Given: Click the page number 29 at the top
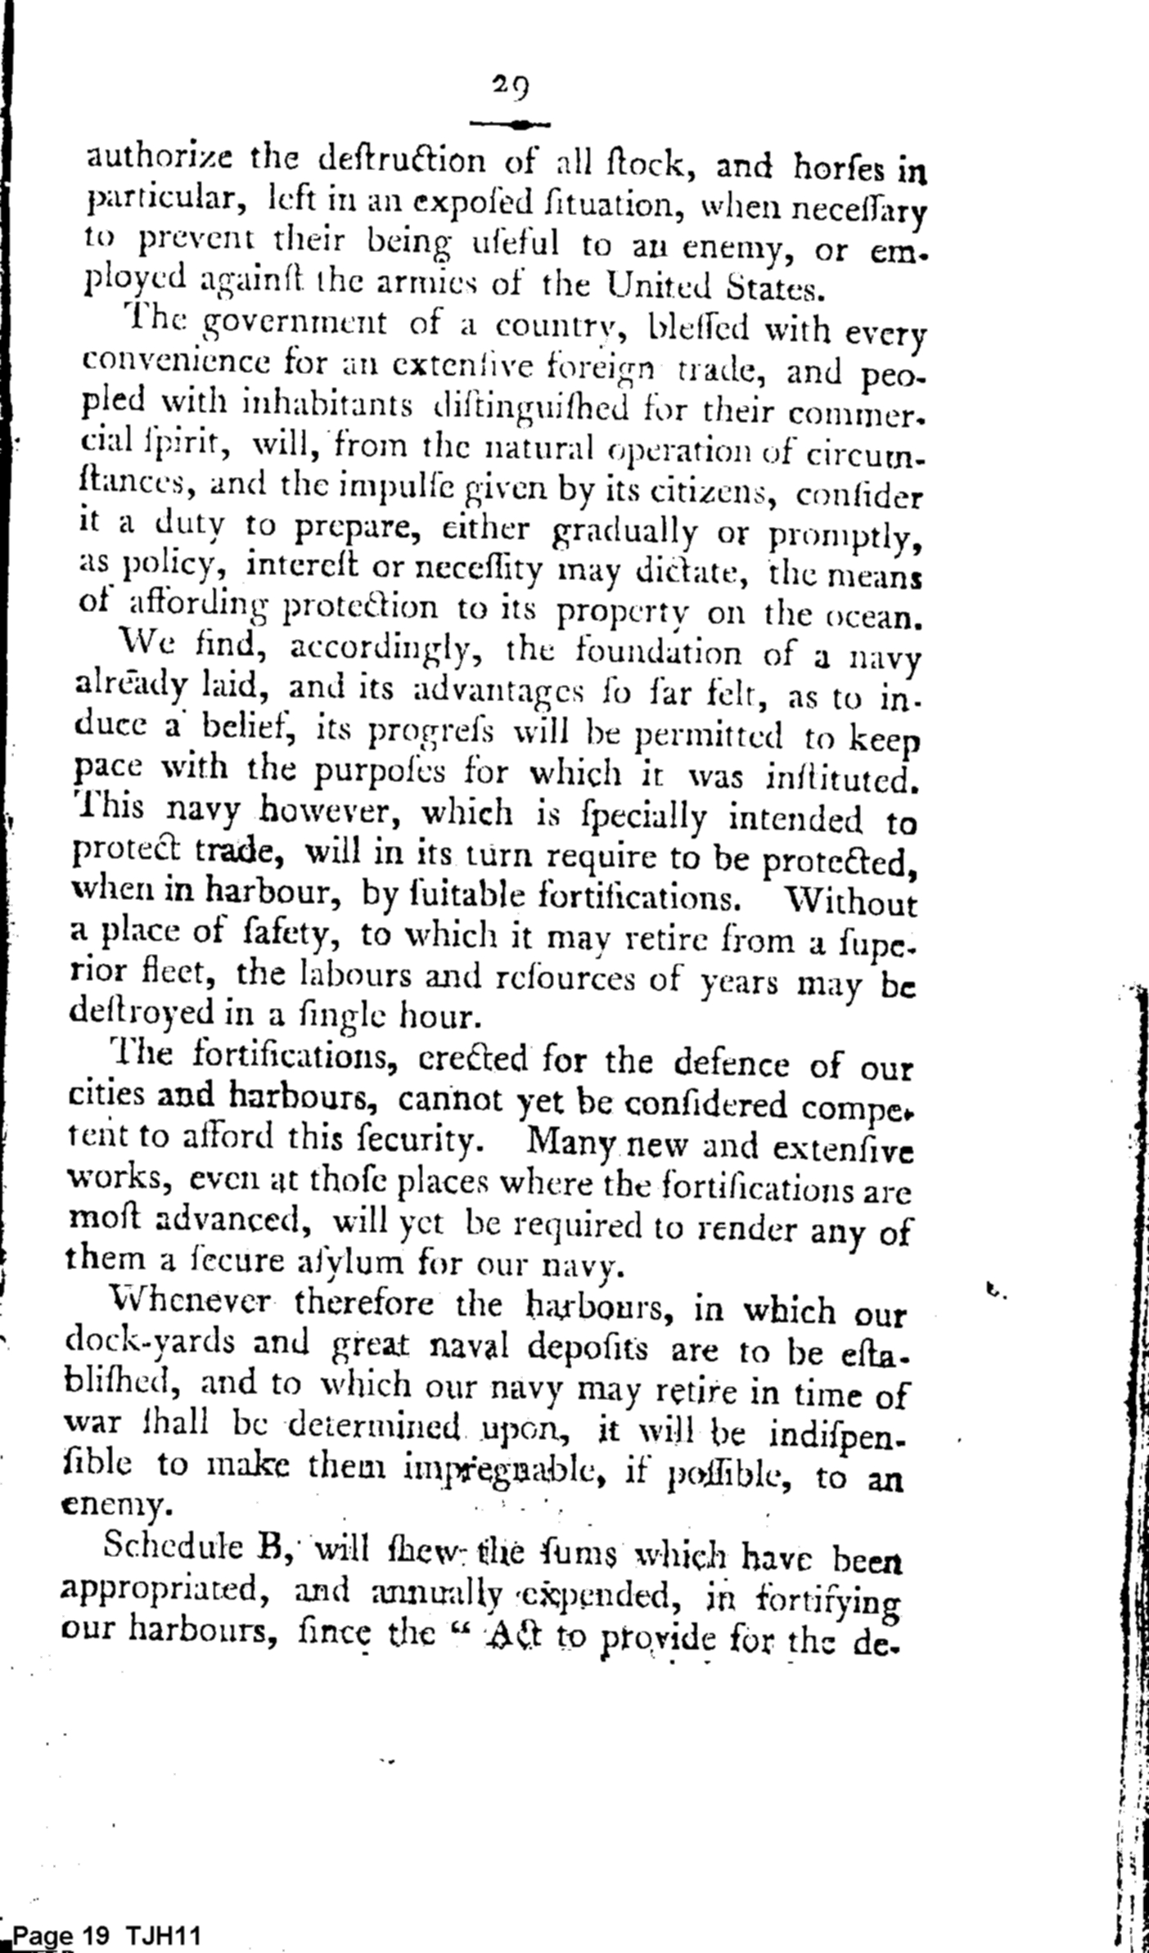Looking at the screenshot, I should [511, 86].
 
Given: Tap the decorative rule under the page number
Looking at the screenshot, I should [512, 125].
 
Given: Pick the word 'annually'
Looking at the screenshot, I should [434, 1591].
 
